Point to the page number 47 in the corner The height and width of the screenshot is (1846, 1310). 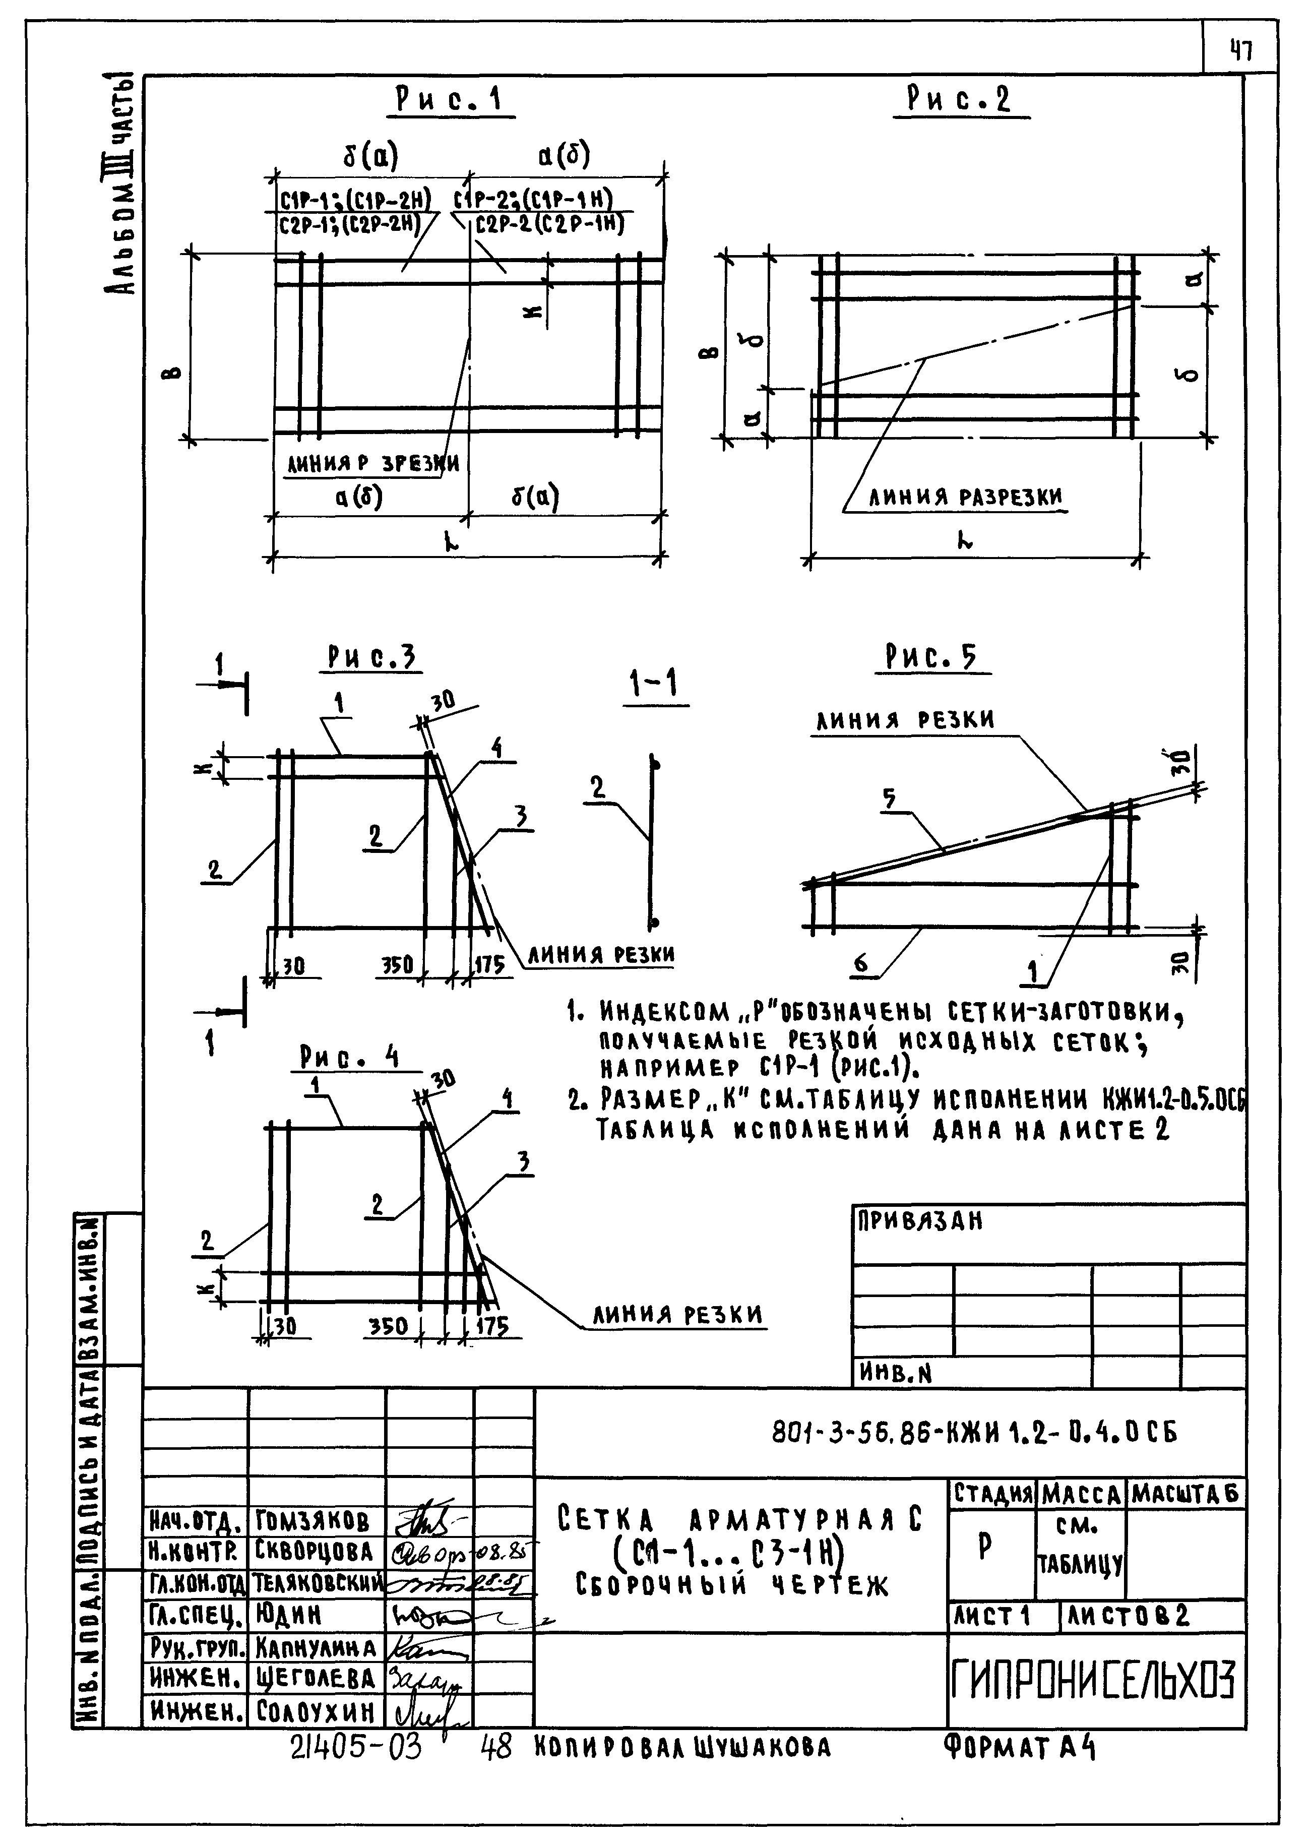click(x=1240, y=51)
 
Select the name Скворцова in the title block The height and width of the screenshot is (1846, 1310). click(x=315, y=1552)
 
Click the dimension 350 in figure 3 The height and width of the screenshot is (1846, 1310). click(x=396, y=965)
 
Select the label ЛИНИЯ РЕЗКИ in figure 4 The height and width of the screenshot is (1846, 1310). click(x=677, y=1316)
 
